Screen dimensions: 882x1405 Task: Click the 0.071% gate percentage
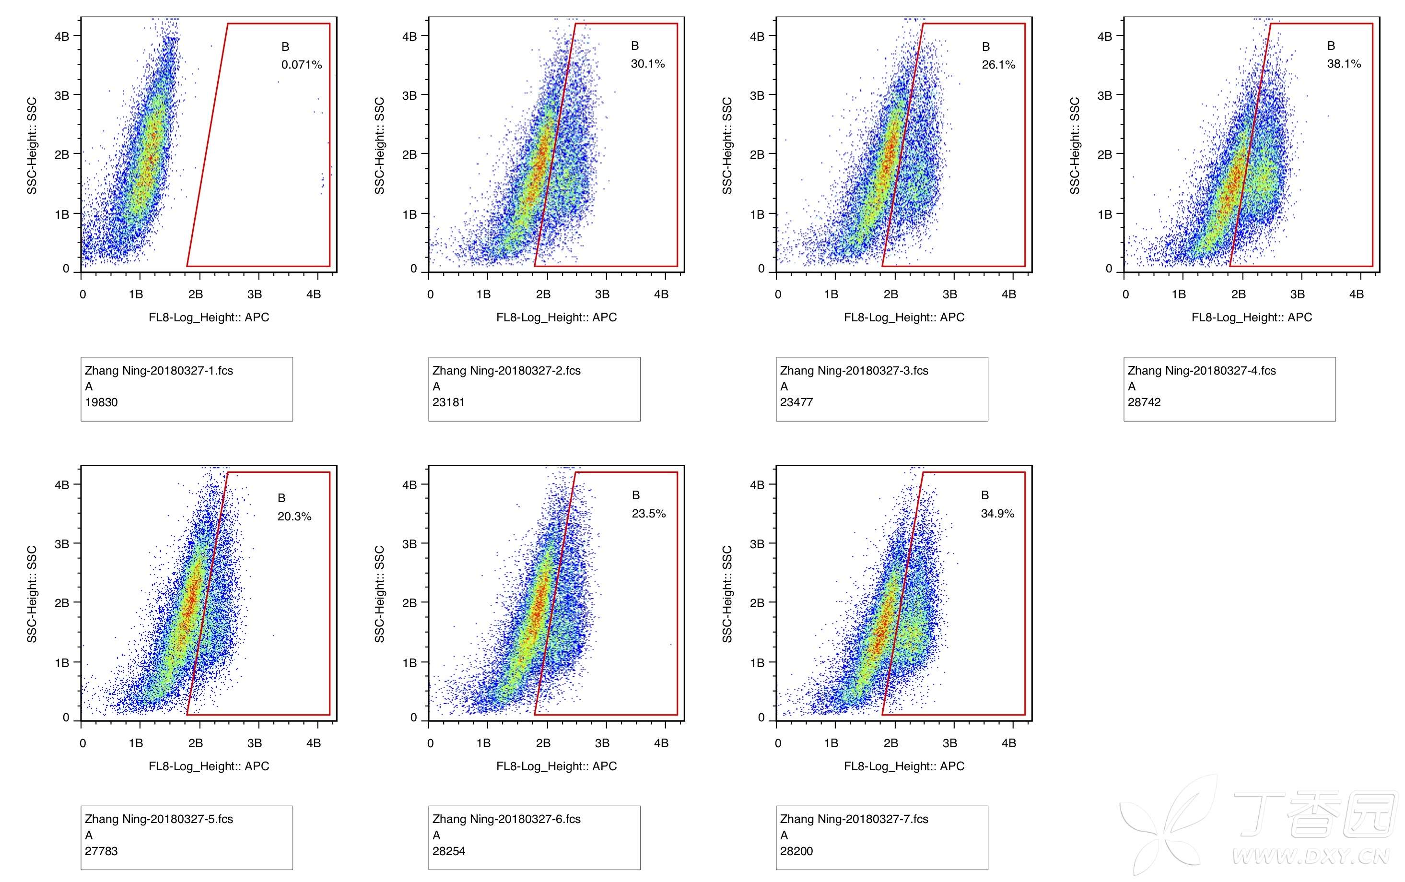(302, 65)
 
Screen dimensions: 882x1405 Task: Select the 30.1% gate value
(647, 64)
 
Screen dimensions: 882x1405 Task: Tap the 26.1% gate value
(998, 65)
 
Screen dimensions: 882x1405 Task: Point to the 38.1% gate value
(1344, 64)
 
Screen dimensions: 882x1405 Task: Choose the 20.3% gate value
(294, 516)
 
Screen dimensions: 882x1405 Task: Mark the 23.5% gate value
(648, 513)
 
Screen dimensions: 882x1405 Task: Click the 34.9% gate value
(997, 513)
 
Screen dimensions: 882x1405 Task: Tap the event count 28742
(1144, 402)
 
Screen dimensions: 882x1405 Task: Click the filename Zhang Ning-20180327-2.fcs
(506, 370)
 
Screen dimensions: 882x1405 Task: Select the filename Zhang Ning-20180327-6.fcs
(506, 819)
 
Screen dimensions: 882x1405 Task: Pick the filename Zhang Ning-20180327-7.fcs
(854, 819)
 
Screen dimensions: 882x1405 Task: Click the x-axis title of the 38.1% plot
(1252, 318)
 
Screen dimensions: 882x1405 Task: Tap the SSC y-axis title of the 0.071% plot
(32, 146)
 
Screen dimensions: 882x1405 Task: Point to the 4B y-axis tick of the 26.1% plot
(757, 36)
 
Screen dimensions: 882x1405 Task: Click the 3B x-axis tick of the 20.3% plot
(254, 743)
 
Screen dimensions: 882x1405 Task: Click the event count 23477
(796, 402)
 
